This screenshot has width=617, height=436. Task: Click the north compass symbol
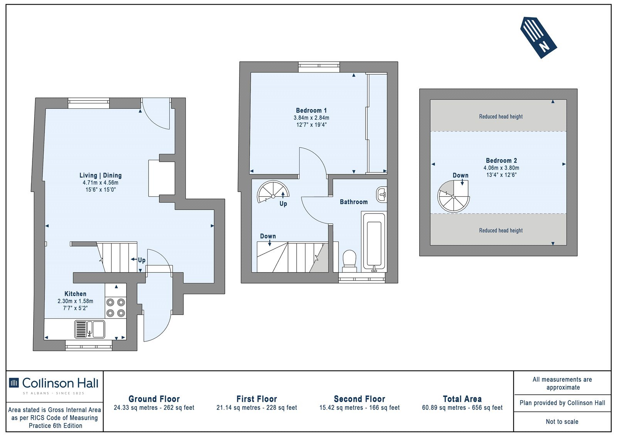[538, 38]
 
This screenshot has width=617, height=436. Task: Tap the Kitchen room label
[75, 294]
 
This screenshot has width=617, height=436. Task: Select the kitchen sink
[89, 330]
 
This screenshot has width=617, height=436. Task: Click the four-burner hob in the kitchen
[116, 308]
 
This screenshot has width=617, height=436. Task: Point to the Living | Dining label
[101, 175]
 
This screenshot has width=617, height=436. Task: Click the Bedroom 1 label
[311, 111]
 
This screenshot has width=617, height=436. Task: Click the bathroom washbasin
[382, 195]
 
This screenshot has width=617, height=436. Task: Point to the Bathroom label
[354, 202]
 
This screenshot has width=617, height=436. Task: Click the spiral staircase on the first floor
[273, 192]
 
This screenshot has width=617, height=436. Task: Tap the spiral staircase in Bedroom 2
[453, 196]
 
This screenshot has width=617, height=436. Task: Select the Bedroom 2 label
[501, 161]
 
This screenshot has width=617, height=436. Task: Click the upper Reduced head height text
[501, 116]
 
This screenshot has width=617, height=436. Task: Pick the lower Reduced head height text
[501, 231]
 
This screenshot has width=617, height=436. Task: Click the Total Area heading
[462, 399]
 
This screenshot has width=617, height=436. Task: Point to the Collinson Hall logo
[54, 385]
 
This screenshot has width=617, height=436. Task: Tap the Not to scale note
[562, 422]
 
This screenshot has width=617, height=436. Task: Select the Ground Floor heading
[154, 399]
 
